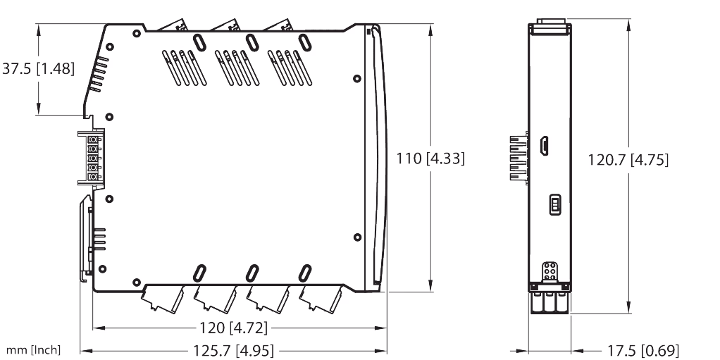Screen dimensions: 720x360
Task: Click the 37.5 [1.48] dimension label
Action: [x=38, y=69]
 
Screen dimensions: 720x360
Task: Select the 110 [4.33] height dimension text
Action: [x=430, y=159]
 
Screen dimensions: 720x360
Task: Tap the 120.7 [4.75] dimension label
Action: [x=628, y=160]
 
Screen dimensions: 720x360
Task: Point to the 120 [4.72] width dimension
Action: [x=233, y=328]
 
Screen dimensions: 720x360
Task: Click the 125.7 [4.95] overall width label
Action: [x=233, y=350]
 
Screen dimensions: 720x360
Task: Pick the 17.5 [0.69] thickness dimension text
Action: [x=643, y=351]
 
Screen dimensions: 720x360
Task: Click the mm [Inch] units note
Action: [x=33, y=350]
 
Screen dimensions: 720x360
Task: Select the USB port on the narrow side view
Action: [x=544, y=146]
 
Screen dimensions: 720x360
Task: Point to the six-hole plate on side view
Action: [x=550, y=271]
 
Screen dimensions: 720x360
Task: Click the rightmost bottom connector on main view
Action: [x=321, y=299]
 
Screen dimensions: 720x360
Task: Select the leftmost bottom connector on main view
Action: [x=163, y=299]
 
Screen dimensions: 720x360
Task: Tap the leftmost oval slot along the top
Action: [x=199, y=42]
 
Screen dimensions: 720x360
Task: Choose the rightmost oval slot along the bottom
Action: [x=305, y=273]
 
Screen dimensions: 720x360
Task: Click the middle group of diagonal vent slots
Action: [x=237, y=68]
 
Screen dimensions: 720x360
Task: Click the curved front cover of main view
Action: [x=376, y=158]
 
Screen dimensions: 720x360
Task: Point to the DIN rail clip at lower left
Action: [x=87, y=238]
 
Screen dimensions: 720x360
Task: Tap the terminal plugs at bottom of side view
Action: [x=550, y=302]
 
